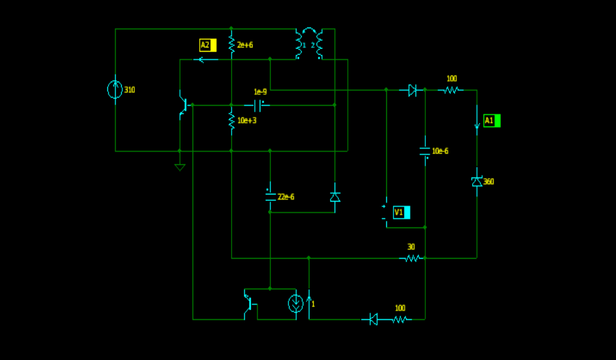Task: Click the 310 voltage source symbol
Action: pos(115,89)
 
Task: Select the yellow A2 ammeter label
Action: pos(208,45)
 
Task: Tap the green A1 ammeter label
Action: pos(492,121)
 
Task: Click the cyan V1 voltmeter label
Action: pos(401,212)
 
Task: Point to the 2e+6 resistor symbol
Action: pos(232,44)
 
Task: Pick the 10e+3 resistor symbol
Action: pos(232,120)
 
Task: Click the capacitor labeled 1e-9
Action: pos(257,106)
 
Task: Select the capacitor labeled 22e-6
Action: pos(271,197)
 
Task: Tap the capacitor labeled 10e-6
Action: pos(425,151)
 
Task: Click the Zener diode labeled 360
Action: pos(477,182)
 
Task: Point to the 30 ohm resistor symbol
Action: pos(411,258)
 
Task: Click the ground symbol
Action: pos(180,167)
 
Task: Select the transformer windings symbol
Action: pos(309,44)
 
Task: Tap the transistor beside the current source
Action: pos(249,304)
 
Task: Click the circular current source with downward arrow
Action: pos(296,304)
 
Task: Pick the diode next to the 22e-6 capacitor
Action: pos(335,197)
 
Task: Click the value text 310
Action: pos(130,90)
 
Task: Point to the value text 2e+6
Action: pos(245,45)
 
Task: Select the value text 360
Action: pos(489,182)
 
